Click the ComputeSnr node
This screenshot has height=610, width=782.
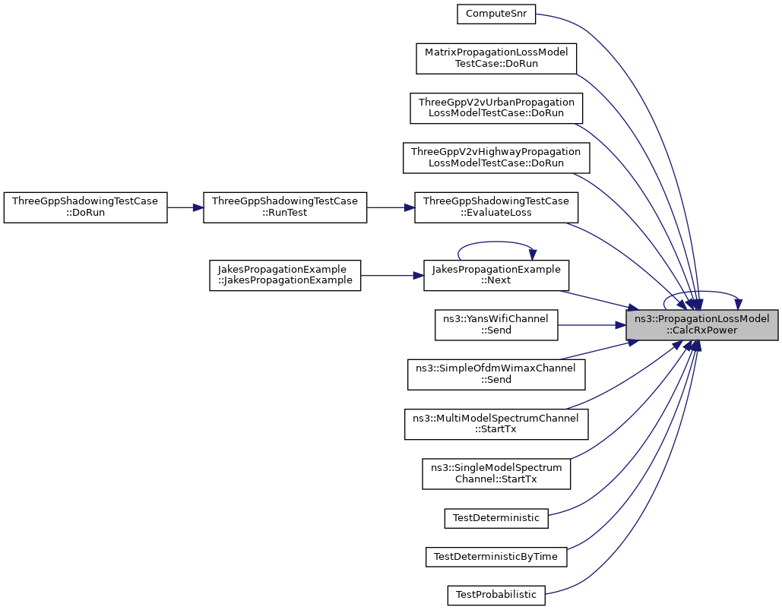(496, 14)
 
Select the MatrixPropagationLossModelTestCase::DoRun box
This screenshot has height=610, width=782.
(496, 58)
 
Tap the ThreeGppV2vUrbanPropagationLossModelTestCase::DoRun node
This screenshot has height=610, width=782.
(496, 108)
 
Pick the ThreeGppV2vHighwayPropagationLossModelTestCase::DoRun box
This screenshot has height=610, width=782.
(496, 157)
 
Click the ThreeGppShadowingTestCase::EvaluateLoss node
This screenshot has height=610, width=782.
(496, 207)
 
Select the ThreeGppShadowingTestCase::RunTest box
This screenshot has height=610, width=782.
(285, 207)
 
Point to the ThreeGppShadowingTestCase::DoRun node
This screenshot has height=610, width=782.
(85, 207)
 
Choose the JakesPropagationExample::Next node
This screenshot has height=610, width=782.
(496, 275)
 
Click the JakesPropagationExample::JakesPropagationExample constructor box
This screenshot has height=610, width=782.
(285, 275)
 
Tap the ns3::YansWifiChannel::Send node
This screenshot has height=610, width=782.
(496, 325)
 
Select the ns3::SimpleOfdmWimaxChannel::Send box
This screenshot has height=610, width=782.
(496, 375)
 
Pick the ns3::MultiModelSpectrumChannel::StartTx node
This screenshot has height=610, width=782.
(496, 424)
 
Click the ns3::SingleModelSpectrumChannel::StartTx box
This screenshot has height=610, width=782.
(496, 473)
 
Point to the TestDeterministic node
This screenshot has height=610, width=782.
(496, 518)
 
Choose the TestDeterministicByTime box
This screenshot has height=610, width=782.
(496, 557)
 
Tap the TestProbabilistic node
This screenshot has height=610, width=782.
(496, 596)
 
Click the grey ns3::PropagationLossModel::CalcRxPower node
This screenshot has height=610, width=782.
(702, 325)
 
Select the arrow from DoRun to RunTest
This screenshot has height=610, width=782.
(185, 207)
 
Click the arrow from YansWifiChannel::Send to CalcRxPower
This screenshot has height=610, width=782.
(592, 325)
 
